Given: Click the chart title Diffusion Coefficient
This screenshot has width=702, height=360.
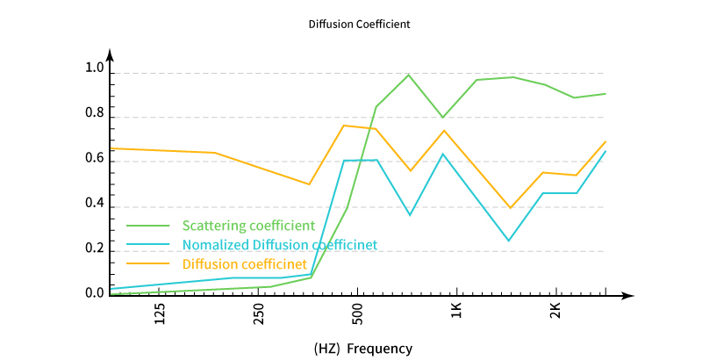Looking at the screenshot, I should tap(360, 25).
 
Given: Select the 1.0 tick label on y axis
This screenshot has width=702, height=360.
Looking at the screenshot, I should tap(94, 68).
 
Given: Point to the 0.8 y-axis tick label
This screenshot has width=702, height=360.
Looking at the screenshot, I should tap(94, 114).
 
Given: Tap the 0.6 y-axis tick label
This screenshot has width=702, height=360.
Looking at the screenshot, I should tap(94, 160).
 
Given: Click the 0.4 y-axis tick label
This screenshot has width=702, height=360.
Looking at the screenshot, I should tap(94, 205).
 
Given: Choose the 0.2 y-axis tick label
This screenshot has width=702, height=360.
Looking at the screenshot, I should tap(94, 249).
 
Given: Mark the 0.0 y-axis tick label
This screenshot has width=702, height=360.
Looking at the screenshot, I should tap(94, 293).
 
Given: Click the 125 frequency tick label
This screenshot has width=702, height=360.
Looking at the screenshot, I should tap(160, 314).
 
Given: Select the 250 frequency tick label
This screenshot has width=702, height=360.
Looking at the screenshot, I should tap(259, 314).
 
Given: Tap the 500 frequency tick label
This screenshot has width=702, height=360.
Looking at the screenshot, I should tap(357, 314).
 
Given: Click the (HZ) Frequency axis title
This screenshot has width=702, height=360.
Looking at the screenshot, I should tap(362, 349).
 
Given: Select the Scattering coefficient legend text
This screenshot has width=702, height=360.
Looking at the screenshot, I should tap(248, 226).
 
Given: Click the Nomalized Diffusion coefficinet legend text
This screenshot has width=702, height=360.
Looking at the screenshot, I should tap(280, 244).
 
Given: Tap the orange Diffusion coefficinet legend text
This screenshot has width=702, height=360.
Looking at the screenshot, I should tap(244, 263).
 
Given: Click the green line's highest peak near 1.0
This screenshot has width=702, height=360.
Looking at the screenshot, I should tap(408, 75).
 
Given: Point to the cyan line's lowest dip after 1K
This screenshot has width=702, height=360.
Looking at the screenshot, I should tap(508, 241).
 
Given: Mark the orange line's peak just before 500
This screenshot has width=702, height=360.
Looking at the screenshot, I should tap(344, 126).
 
